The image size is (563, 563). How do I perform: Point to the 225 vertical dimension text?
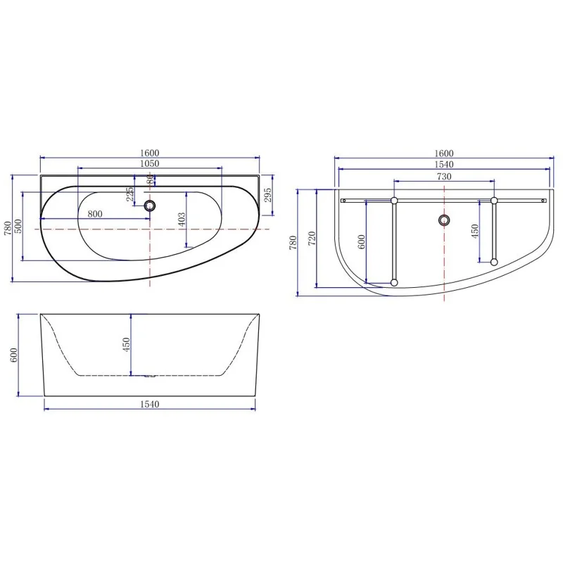[129, 194]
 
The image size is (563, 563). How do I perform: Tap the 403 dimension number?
[181, 219]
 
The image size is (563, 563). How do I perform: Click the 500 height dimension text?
[19, 227]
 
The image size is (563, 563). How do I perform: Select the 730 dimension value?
[443, 177]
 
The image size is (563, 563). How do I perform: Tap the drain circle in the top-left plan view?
[149, 206]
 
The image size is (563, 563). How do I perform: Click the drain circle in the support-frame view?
[443, 220]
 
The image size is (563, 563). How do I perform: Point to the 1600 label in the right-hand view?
[443, 153]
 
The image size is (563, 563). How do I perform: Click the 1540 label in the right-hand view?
[443, 165]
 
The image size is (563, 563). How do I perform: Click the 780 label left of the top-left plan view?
[8, 228]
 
